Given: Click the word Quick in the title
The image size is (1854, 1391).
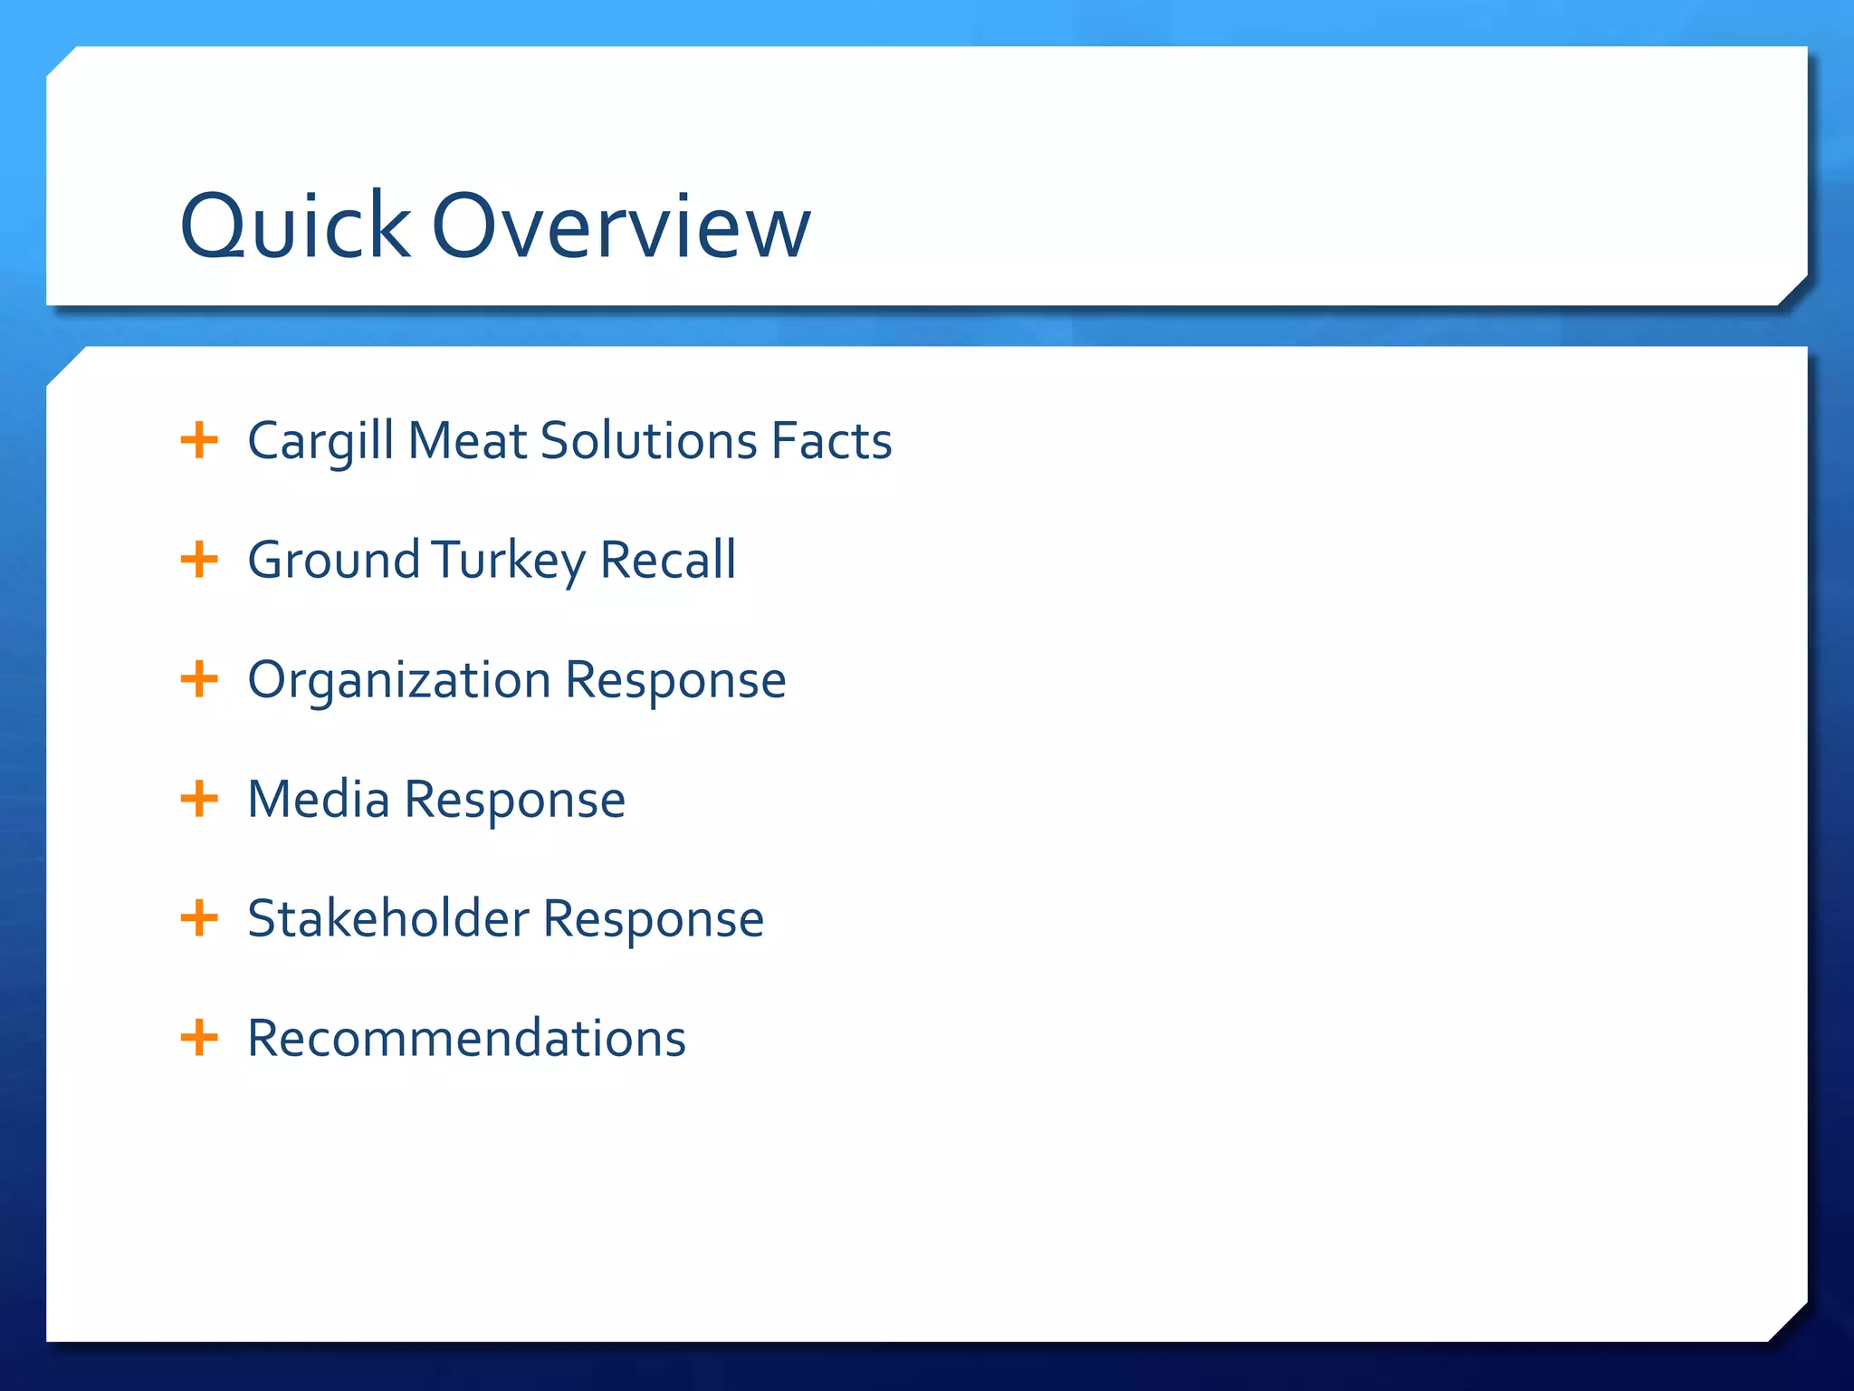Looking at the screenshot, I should (295, 226).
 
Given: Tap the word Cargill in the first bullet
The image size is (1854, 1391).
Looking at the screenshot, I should (321, 442).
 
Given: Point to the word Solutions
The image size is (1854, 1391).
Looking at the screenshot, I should (648, 442).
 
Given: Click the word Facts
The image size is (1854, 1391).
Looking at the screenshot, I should (831, 442).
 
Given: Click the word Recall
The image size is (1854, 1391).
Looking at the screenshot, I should (668, 561).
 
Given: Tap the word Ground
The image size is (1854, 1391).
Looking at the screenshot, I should (333, 561).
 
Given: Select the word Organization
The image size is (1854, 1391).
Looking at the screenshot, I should (399, 681).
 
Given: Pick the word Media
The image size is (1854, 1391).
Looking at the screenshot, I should (318, 800).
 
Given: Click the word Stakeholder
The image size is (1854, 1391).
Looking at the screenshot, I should (387, 919).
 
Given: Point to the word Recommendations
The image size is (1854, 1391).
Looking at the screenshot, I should (466, 1039).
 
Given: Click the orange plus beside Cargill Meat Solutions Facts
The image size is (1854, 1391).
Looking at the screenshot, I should (199, 441).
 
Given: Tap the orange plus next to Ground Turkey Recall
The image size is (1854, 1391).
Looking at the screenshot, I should (199, 560).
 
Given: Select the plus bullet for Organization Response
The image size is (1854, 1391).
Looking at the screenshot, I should (199, 679).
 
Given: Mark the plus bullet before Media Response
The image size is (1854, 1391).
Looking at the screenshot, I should (199, 799).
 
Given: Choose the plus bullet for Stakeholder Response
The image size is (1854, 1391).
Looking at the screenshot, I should (199, 918).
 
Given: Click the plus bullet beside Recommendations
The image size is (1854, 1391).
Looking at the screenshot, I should (199, 1038).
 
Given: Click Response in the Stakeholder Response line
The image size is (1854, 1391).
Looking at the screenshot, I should (654, 920).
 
